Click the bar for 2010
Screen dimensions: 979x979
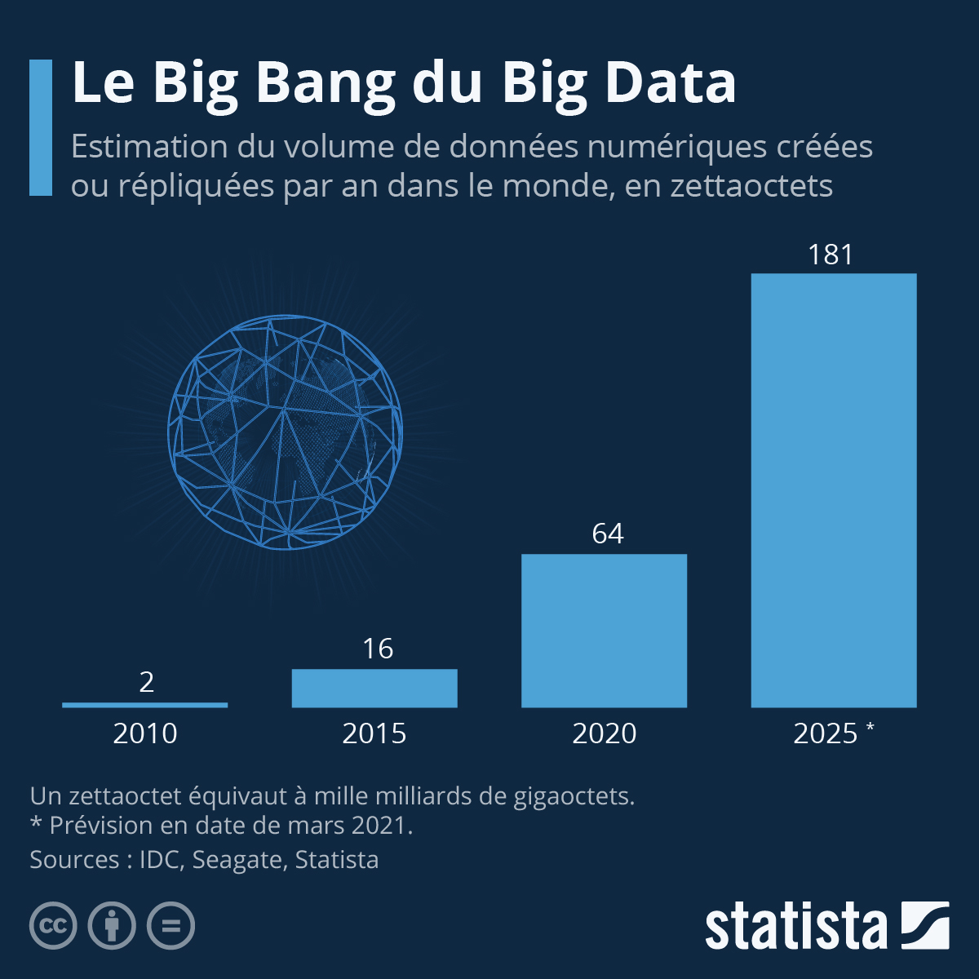click(x=144, y=704)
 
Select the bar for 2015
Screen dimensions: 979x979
click(x=374, y=688)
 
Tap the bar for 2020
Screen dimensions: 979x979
click(x=604, y=630)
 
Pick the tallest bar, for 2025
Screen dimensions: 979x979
click(x=833, y=489)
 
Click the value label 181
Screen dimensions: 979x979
click(x=831, y=255)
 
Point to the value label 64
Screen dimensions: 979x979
click(x=608, y=534)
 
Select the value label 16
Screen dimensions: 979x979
click(x=378, y=649)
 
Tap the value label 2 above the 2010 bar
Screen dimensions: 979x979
click(x=147, y=682)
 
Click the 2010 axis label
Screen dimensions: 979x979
click(x=145, y=733)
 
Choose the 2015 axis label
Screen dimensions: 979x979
click(x=374, y=733)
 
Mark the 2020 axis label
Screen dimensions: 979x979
click(x=604, y=733)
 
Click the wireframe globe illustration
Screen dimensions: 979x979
click(x=285, y=432)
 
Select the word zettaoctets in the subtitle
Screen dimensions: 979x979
click(x=751, y=186)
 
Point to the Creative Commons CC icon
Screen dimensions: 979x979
click(x=53, y=926)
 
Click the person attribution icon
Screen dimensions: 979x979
click(x=112, y=926)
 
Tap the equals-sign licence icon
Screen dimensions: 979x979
click(x=171, y=926)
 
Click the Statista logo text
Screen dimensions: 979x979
click(x=795, y=927)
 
